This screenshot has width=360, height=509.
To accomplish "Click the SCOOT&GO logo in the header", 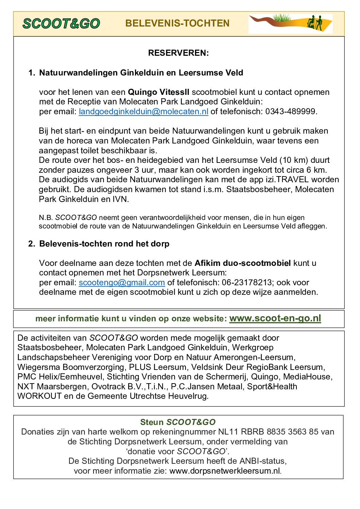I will (61, 23).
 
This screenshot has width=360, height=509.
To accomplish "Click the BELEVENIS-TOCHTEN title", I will (177, 23).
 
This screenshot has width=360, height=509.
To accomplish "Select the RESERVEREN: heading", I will (178, 53).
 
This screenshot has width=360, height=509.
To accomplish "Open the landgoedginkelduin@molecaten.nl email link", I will (143, 112).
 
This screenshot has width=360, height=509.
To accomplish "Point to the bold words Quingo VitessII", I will (158, 92).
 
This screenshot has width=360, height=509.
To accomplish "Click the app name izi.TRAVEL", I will (287, 180).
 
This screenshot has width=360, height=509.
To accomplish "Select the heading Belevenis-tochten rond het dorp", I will (104, 244).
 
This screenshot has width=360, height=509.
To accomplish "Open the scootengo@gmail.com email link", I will (122, 283).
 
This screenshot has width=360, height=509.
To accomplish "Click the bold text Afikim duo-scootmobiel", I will (243, 263).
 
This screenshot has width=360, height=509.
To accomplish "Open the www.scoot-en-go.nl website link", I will (275, 318).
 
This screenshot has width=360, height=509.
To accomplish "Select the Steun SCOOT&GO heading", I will (178, 422).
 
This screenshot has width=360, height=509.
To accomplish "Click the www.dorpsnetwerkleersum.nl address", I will (225, 471).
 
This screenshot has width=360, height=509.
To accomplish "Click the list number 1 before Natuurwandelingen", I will (31, 73).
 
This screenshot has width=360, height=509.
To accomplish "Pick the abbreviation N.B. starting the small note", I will (46, 218).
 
